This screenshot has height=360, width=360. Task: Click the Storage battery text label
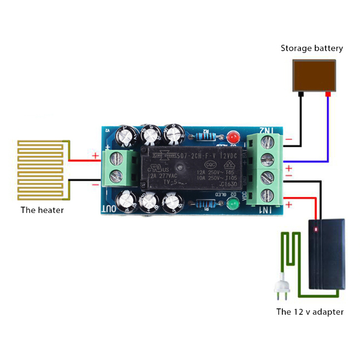tap(312, 48)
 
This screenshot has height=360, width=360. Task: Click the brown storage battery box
tap(315, 75)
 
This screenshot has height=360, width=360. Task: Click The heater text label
tap(42, 210)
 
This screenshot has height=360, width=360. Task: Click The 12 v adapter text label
tap(310, 311)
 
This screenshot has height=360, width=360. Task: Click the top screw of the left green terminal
tap(118, 158)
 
